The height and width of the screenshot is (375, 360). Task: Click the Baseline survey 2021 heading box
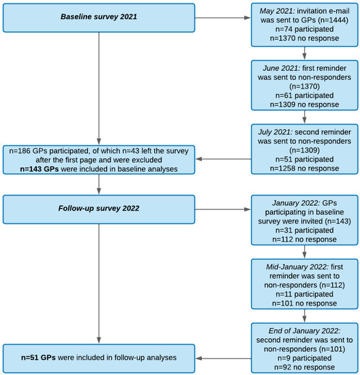(x=99, y=18)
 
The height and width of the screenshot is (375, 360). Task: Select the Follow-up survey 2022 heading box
(x=99, y=209)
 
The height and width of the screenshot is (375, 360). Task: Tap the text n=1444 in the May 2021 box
(x=333, y=20)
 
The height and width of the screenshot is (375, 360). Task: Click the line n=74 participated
(x=305, y=29)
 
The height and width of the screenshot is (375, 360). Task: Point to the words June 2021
(x=282, y=68)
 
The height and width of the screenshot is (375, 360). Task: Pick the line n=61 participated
(x=305, y=95)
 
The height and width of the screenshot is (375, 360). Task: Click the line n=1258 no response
(x=305, y=168)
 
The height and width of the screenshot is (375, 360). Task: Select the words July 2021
(x=275, y=132)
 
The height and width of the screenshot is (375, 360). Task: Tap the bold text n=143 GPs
(x=40, y=169)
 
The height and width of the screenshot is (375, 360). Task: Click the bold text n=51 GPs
(x=38, y=357)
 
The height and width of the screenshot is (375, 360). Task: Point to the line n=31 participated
(x=305, y=230)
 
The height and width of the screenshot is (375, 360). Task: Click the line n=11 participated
(x=305, y=294)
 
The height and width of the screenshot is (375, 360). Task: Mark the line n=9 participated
(x=305, y=358)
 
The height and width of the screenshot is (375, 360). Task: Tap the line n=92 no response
(x=305, y=367)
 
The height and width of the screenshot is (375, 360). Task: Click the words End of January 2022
(x=305, y=331)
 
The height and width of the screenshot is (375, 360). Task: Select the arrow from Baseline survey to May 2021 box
(x=223, y=18)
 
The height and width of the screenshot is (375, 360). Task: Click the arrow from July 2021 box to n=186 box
(x=224, y=159)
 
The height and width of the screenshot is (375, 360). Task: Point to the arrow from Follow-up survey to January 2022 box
(x=223, y=209)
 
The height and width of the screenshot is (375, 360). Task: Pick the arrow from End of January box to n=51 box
(x=224, y=358)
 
